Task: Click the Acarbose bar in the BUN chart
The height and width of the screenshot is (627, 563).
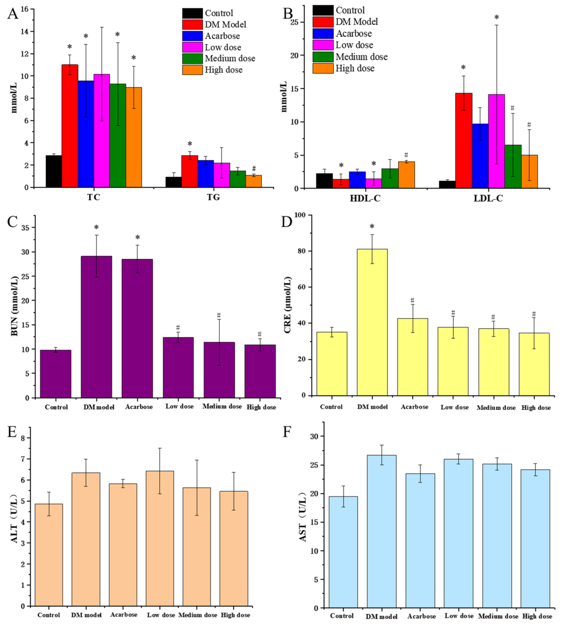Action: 137,328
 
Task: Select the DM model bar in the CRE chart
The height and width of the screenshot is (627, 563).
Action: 372,322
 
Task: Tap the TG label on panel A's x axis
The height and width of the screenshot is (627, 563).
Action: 213,197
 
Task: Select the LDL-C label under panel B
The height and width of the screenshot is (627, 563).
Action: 488,198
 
